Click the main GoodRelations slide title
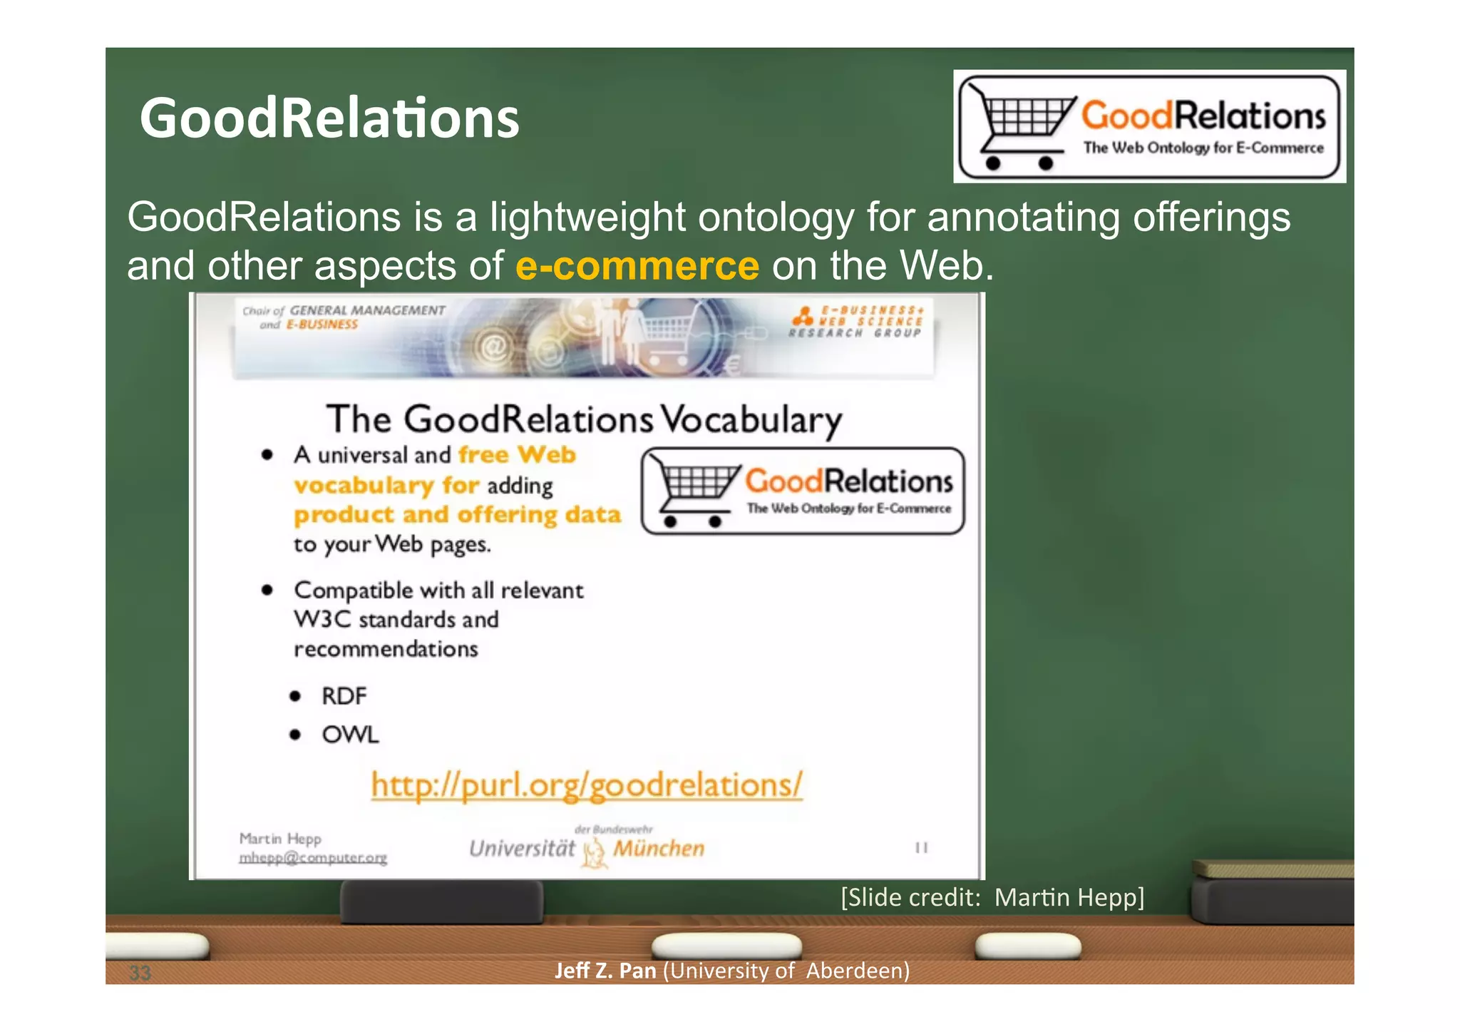click(329, 118)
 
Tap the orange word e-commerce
click(637, 266)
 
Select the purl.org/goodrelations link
click(587, 785)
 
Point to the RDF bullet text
click(344, 696)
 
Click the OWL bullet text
click(350, 735)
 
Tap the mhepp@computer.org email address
click(313, 858)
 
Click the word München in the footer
click(659, 849)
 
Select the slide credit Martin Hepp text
click(992, 897)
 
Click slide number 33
click(140, 973)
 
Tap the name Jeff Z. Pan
click(605, 971)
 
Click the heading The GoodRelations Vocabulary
click(584, 419)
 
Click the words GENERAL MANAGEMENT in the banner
click(367, 311)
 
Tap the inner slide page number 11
click(921, 848)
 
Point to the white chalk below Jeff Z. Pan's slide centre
click(726, 946)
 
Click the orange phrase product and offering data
click(457, 515)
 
